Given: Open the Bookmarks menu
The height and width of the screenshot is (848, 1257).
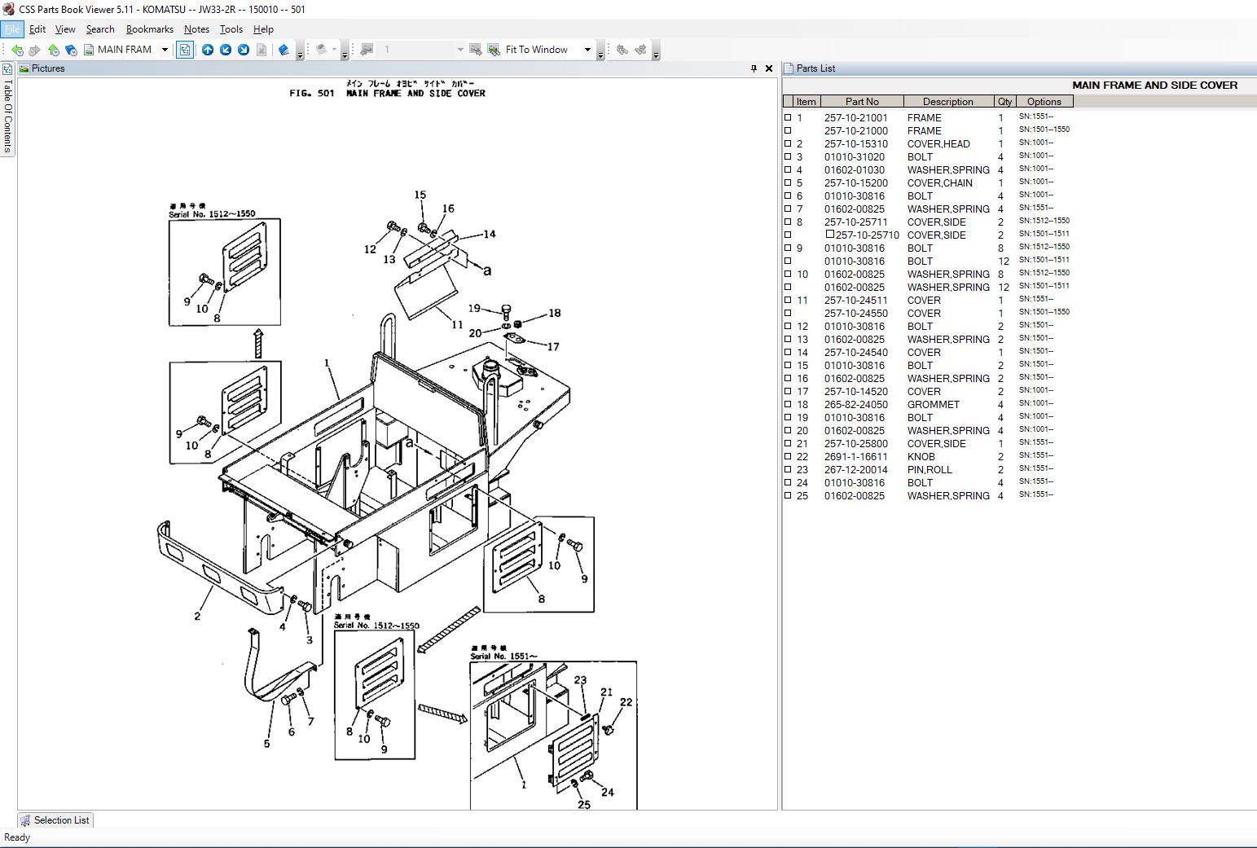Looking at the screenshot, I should click(x=149, y=29).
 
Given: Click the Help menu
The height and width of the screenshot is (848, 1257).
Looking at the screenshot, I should click(x=263, y=29).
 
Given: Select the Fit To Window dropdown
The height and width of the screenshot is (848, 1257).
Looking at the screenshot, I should click(x=547, y=50).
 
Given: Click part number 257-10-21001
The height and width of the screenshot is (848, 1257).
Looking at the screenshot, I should click(x=855, y=118).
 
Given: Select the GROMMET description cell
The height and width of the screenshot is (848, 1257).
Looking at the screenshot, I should click(x=933, y=405).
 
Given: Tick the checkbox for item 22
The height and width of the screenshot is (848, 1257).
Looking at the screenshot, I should click(x=788, y=456).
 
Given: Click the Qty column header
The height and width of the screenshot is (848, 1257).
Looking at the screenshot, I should click(x=1004, y=102).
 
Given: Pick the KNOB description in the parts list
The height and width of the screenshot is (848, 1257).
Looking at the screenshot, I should click(x=921, y=457).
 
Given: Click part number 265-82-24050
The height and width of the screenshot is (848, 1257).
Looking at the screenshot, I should click(x=855, y=405).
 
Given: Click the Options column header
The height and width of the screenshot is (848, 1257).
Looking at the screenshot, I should click(x=1044, y=102).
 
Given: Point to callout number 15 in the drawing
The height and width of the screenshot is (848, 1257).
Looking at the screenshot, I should click(x=420, y=195).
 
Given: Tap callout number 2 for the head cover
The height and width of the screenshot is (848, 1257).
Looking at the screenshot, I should click(x=197, y=616).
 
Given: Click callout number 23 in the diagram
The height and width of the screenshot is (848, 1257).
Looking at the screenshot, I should click(x=580, y=680).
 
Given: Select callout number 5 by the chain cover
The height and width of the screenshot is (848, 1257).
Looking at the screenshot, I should click(x=266, y=744).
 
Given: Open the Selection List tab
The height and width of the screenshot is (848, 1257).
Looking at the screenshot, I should click(x=55, y=820).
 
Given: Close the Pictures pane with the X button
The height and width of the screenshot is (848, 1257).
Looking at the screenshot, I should click(x=768, y=68).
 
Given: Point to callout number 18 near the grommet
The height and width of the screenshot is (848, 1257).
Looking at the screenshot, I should click(x=555, y=313).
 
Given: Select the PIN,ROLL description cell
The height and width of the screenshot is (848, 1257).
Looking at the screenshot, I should click(x=930, y=470).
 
